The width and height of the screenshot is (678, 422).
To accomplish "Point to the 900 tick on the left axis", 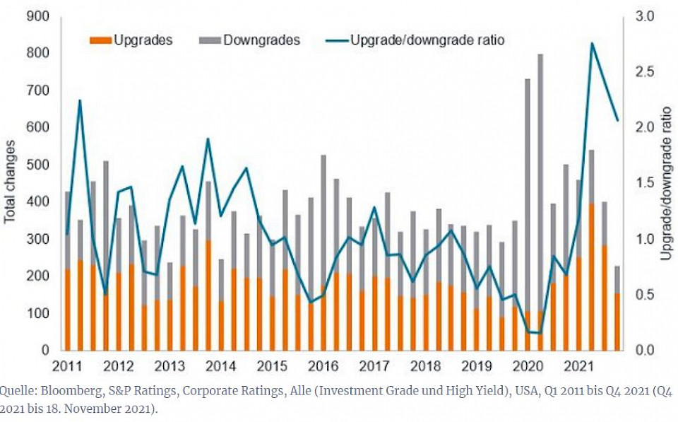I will coord(37,16).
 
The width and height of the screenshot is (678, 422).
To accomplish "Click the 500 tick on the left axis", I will coord(37,165).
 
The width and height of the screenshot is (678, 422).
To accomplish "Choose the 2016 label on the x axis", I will coord(323,367).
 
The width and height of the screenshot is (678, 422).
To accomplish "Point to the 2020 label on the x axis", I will coord(528,367).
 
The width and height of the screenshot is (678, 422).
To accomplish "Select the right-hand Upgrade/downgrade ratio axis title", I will coord(667,183).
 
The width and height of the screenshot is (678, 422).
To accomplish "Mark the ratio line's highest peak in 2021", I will coord(592,44).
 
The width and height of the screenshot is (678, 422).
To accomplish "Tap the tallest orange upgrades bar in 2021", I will coord(592,276).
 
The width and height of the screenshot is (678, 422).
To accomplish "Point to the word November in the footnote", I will coord(98,409).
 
